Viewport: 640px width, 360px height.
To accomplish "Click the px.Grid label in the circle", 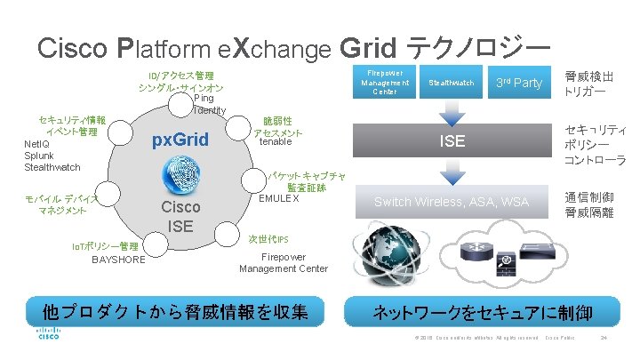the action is coord(180,140).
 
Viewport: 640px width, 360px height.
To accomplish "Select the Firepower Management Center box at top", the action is coord(384,83).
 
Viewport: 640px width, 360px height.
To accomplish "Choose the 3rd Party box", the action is coord(518,83).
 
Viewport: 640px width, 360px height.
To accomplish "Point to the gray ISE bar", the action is coord(452,141).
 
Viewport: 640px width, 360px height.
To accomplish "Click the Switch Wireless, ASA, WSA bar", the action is coord(452,203).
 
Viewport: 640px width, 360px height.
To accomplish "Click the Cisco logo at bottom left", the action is coord(48,336).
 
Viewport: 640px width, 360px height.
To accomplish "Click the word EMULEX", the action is coord(278,197).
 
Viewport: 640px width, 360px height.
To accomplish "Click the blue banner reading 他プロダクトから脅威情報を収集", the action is coord(180,312).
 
